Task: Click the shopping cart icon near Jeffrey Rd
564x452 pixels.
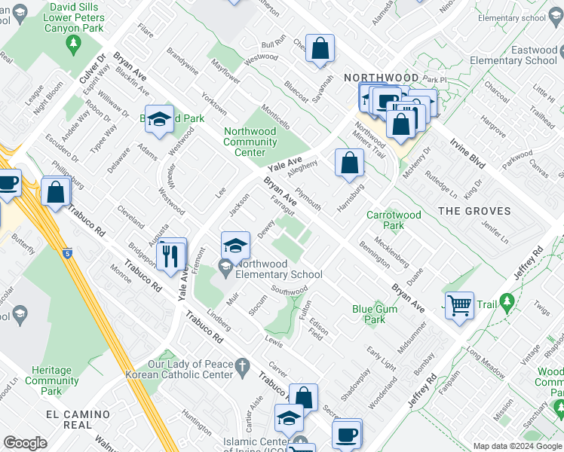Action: (x=459, y=306)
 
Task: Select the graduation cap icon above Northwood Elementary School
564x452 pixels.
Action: (x=235, y=245)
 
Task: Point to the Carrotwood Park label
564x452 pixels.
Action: (x=394, y=220)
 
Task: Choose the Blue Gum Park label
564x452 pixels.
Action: (x=369, y=314)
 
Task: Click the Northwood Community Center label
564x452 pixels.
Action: (x=250, y=142)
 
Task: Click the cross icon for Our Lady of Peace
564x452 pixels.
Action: (x=241, y=367)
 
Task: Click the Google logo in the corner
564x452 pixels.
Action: (x=25, y=443)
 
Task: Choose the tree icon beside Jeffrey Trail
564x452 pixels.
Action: (x=507, y=302)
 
